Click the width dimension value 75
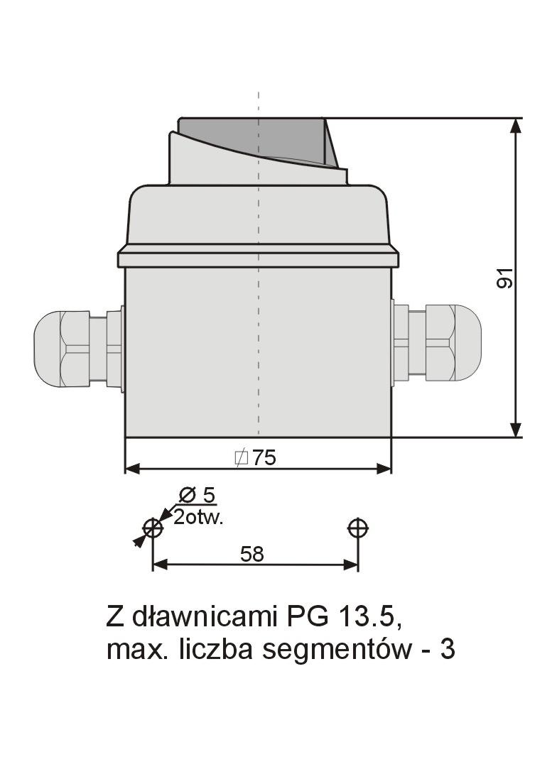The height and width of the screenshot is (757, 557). pyautogui.click(x=264, y=458)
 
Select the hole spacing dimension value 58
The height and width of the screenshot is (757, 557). pyautogui.click(x=252, y=554)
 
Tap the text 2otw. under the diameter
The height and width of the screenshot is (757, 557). pyautogui.click(x=199, y=517)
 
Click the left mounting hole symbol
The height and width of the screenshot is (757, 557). pyautogui.click(x=153, y=528)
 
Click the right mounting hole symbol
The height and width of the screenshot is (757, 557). pyautogui.click(x=358, y=528)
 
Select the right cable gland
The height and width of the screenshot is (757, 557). pyautogui.click(x=438, y=342)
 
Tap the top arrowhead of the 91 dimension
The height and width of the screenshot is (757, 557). pyautogui.click(x=517, y=126)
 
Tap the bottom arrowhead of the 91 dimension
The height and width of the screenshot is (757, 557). pyautogui.click(x=517, y=429)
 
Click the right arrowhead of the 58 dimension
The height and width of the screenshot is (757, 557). pyautogui.click(x=350, y=565)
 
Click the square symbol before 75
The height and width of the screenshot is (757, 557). pyautogui.click(x=241, y=458)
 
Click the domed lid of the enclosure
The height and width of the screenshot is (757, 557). pyautogui.click(x=258, y=217)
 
